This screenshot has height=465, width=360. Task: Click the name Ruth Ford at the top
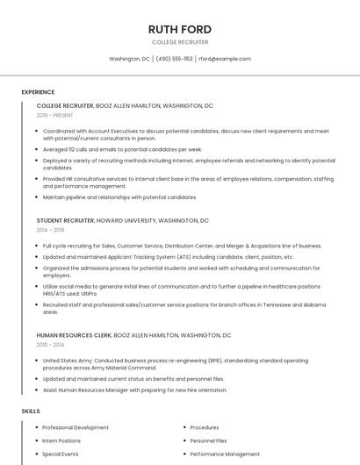coord(180,30)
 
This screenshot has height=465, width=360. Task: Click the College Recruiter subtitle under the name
coord(180,42)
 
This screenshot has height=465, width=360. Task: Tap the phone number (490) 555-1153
coord(174,59)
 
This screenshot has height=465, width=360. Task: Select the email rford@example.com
coord(224,59)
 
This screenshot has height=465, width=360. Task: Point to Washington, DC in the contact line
coord(129,59)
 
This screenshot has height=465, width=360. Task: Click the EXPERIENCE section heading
coord(38,92)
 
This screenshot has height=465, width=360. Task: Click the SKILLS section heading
coord(31,411)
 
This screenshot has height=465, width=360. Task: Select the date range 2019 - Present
coord(55,115)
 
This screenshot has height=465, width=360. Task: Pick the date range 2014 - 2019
coord(50,230)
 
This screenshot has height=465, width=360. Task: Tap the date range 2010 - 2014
coord(50,345)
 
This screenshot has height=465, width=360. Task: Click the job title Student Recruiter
coord(65,220)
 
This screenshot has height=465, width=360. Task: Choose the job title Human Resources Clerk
coord(74,335)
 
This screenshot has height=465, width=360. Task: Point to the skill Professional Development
coord(76,427)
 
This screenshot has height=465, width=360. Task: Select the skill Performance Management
coord(225,454)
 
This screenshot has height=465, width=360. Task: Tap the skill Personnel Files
coord(208,440)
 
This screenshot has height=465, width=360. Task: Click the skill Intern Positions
coord(61,440)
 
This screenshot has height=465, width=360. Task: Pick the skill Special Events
coord(61,454)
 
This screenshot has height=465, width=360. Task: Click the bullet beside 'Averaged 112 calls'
coord(37,149)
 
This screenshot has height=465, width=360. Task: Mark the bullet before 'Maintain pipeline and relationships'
coord(37,197)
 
